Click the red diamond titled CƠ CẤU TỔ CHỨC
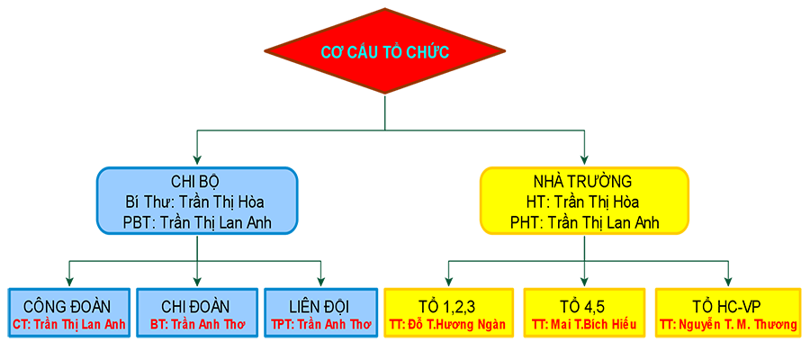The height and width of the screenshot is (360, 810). (385, 52)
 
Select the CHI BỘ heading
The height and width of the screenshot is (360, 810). (196, 181)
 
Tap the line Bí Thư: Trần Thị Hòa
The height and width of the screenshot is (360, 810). (196, 202)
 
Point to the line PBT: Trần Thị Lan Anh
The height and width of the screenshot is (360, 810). (196, 222)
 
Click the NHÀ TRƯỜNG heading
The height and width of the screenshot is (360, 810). (584, 181)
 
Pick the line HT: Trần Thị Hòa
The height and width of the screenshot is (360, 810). (584, 202)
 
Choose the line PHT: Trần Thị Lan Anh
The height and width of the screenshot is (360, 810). (584, 222)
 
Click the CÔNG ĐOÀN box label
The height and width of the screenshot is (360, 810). (67, 305)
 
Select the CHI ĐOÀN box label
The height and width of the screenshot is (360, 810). (195, 305)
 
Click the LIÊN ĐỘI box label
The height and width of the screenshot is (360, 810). (320, 305)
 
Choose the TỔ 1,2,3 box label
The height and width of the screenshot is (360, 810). (447, 305)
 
